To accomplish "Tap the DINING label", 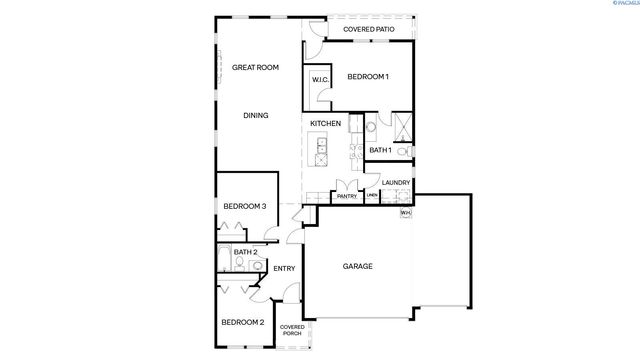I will click(x=256, y=116).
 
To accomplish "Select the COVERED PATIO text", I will click(x=368, y=30).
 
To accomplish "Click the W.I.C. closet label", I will click(x=321, y=79).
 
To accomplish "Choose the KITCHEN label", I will click(x=326, y=124).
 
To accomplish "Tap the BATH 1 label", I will click(x=380, y=150).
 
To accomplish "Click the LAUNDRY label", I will click(x=397, y=183).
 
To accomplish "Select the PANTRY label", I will click(x=347, y=197).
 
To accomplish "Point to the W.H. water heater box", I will click(x=406, y=213).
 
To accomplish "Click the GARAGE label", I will click(x=358, y=267).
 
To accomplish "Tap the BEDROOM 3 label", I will click(x=244, y=207).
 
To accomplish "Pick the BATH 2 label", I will click(x=246, y=252).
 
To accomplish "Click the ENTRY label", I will click(x=284, y=268).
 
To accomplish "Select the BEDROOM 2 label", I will click(x=243, y=322).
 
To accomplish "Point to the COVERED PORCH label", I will click(x=292, y=330).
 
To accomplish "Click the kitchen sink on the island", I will click(x=322, y=151).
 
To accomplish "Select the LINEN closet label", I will click(x=371, y=197).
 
